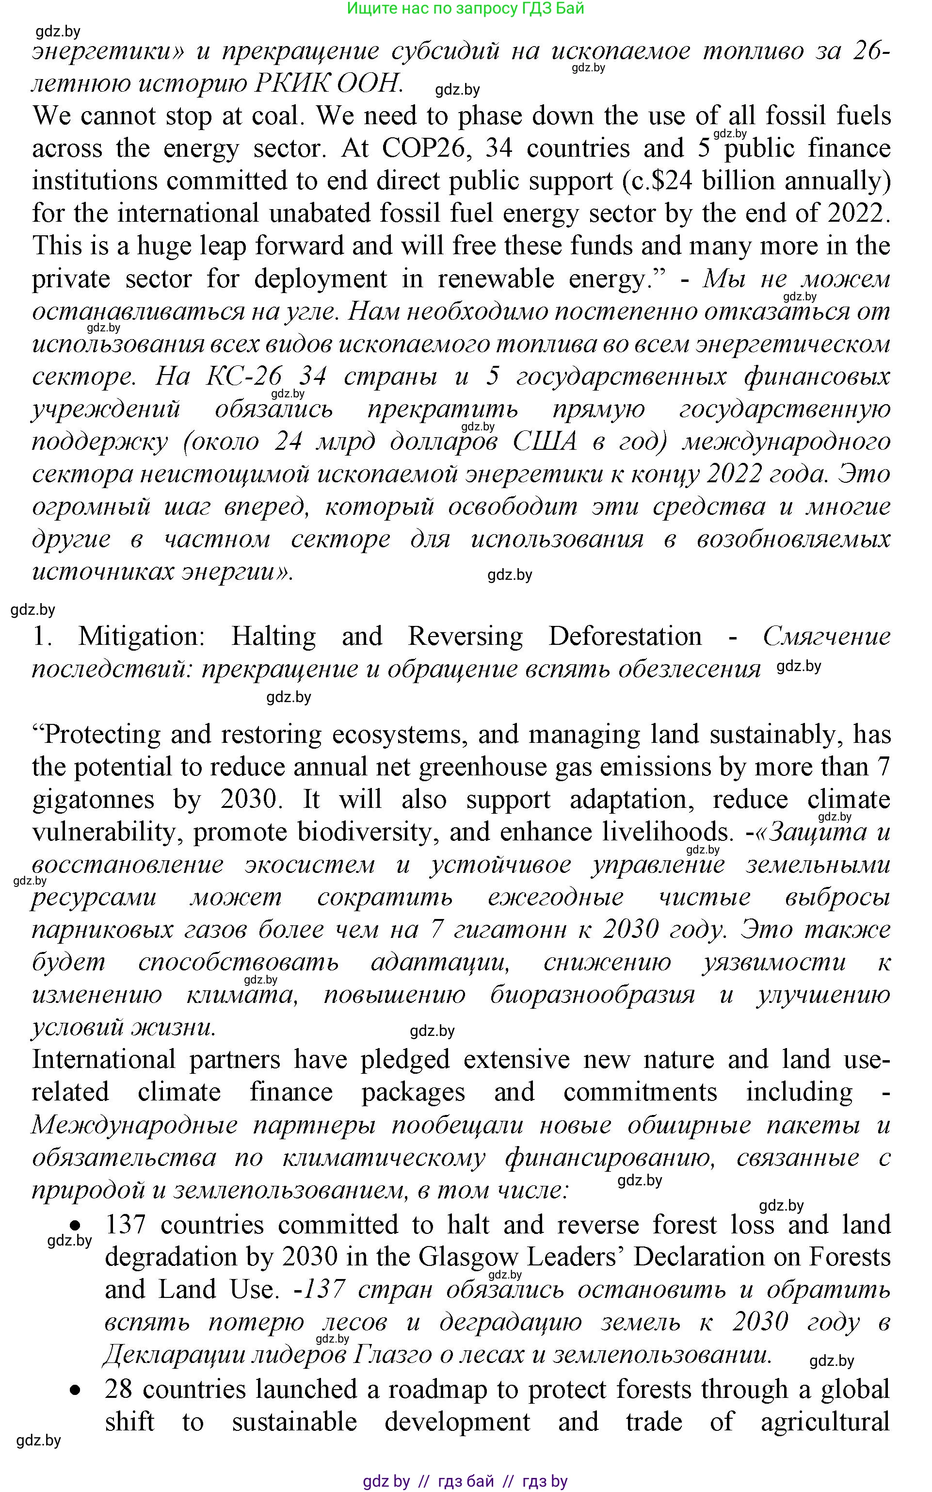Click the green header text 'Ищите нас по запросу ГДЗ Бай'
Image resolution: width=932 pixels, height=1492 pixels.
point(466,9)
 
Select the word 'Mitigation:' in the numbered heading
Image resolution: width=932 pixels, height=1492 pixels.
point(141,636)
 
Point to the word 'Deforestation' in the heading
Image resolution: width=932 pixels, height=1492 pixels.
point(625,636)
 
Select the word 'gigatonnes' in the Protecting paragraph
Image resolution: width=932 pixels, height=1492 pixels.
point(93,800)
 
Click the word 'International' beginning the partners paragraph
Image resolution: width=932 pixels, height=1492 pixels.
point(104,1060)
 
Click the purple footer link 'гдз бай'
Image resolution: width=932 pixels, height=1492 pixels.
point(466,1481)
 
